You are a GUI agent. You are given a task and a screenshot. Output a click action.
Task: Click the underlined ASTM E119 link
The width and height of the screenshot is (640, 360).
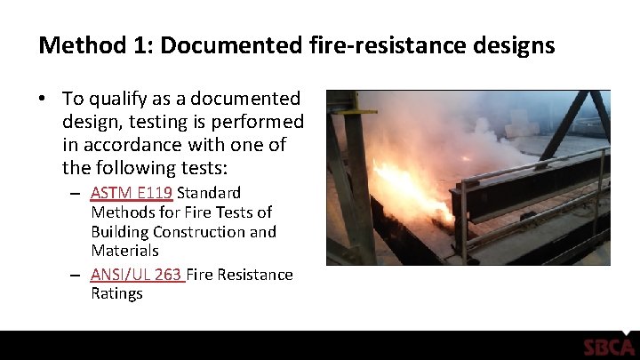pos(132,193)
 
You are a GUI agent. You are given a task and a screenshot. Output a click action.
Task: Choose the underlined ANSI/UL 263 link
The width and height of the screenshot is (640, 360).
pos(136,275)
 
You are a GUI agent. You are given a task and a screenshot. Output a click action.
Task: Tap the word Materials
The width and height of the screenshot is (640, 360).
pos(124,252)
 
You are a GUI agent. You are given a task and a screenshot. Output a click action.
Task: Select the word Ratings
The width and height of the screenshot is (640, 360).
pos(116,294)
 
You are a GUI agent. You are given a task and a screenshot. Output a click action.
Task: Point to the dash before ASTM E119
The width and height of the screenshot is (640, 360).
pos(76,194)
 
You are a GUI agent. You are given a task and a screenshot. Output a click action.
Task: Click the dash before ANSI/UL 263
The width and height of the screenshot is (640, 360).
pos(76,276)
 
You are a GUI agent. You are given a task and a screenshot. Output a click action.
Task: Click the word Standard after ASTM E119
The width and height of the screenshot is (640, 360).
pos(210,193)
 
